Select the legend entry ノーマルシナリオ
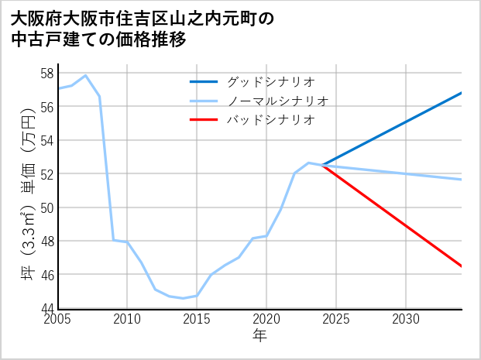[x=278, y=101]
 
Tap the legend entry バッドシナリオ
[x=270, y=120]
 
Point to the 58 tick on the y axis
[x=46, y=74]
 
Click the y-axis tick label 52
[x=46, y=174]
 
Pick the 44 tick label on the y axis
[x=46, y=308]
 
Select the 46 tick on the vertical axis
[x=46, y=275]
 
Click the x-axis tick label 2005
[x=58, y=319]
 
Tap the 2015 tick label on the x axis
[x=197, y=319]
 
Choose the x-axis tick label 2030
[x=406, y=319]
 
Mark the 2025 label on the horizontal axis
[x=336, y=319]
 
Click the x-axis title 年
[x=259, y=336]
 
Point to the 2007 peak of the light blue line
[x=86, y=76]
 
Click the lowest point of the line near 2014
[x=184, y=298]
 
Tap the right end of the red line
[x=462, y=266]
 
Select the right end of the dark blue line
[x=462, y=93]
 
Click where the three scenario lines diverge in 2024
[x=322, y=165]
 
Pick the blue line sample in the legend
[x=204, y=81]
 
